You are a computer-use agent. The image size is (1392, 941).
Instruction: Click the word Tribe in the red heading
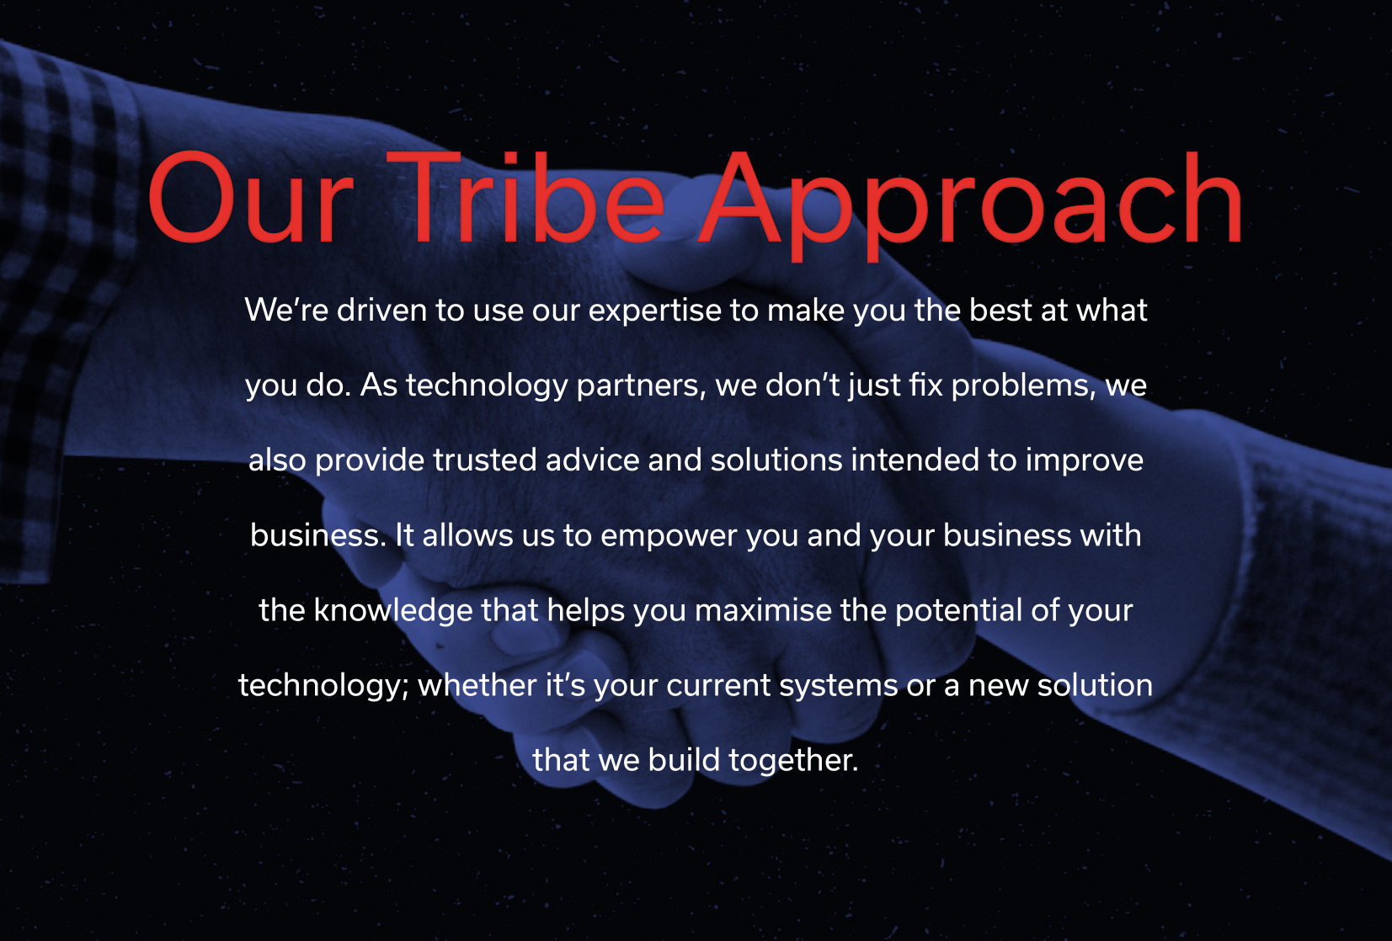525,198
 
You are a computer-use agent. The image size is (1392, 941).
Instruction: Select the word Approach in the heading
970,205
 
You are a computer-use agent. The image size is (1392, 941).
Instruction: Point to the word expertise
654,311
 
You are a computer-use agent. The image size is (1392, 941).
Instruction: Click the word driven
381,310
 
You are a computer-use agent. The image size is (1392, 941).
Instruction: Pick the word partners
642,385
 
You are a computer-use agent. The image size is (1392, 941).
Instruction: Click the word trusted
485,460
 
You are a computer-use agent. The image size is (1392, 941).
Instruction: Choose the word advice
592,460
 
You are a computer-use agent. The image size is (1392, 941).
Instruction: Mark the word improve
1085,461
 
